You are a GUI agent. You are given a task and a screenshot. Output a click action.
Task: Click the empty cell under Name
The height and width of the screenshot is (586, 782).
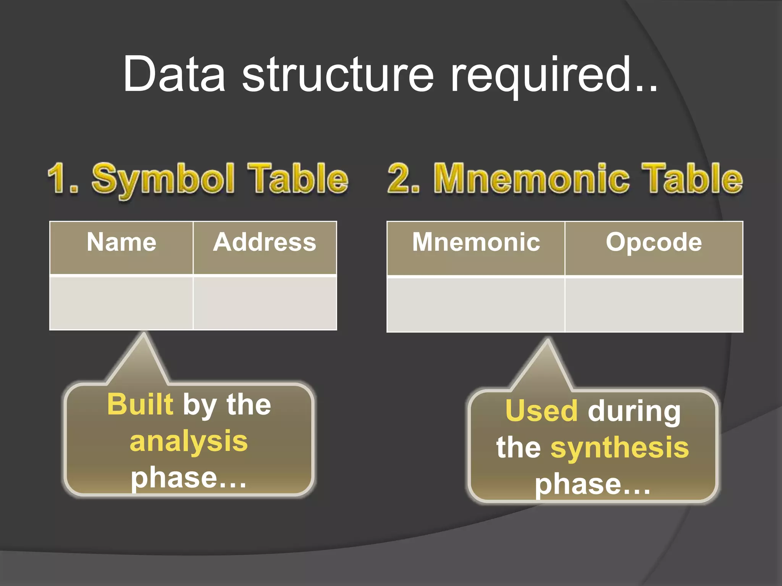pos(121,303)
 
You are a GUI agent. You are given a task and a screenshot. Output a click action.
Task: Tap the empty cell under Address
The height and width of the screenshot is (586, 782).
pos(265,303)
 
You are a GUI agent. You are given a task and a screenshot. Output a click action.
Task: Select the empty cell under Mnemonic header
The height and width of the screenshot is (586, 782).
pos(476,305)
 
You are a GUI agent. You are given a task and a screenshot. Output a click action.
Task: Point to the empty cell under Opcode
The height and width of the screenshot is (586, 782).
pos(654,305)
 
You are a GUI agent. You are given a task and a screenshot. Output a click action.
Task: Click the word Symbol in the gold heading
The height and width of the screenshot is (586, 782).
pos(163,179)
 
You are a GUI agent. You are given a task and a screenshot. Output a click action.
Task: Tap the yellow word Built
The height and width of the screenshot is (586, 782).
pos(140,404)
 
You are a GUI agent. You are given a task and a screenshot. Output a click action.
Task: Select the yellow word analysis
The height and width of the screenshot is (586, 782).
pos(189,441)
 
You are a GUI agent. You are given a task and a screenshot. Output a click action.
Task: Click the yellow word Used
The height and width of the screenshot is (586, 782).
pos(541,411)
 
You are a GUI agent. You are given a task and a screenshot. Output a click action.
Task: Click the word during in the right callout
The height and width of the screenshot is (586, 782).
pos(634,412)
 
